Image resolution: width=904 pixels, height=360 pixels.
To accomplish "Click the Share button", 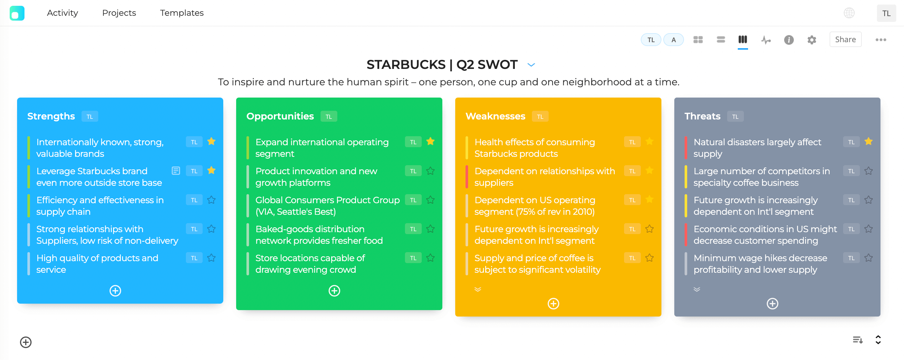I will pyautogui.click(x=845, y=40).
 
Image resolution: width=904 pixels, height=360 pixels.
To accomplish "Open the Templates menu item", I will pyautogui.click(x=181, y=13).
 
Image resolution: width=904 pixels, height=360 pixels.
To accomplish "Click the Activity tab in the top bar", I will pyautogui.click(x=63, y=13).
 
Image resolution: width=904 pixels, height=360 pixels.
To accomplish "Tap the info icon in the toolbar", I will pyautogui.click(x=789, y=40).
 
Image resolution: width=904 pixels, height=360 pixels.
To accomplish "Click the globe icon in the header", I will pyautogui.click(x=849, y=13).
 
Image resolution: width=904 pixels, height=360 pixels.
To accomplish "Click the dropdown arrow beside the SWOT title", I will pyautogui.click(x=531, y=65).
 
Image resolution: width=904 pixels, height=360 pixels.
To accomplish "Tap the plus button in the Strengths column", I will pyautogui.click(x=115, y=290).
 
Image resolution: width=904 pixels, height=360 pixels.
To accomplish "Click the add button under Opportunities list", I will pyautogui.click(x=334, y=290).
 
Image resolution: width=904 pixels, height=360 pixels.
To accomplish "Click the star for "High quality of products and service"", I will pyautogui.click(x=211, y=258).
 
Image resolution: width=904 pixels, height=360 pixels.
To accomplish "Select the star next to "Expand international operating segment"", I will pyautogui.click(x=430, y=142).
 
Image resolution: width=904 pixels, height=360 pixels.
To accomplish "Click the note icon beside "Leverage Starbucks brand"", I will pyautogui.click(x=176, y=171).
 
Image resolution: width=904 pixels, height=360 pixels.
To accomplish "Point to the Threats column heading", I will pyautogui.click(x=702, y=116).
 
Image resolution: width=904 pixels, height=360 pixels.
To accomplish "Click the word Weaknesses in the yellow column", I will pyautogui.click(x=495, y=116).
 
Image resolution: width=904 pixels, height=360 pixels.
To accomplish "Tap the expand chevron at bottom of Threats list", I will pyautogui.click(x=697, y=289).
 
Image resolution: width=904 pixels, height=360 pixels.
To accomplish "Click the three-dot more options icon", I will pyautogui.click(x=880, y=40).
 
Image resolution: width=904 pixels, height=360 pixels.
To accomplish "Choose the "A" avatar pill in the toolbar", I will pyautogui.click(x=673, y=40).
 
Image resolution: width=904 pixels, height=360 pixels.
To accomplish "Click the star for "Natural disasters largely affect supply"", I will pyautogui.click(x=868, y=142).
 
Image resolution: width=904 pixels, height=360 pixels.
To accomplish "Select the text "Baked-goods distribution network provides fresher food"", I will pyautogui.click(x=319, y=235).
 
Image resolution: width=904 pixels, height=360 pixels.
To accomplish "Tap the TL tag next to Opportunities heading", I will pyautogui.click(x=329, y=117).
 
